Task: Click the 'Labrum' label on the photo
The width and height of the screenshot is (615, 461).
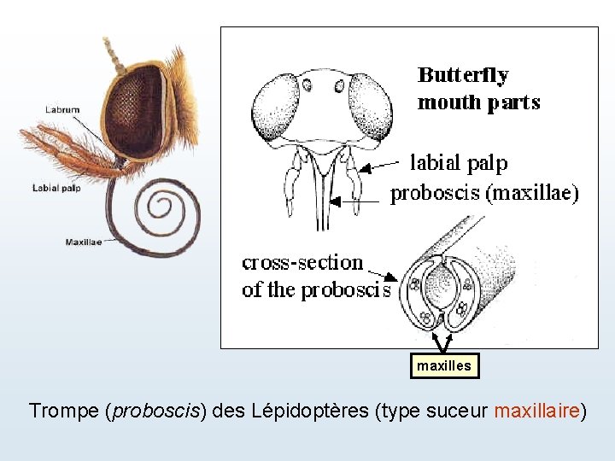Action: tap(62, 109)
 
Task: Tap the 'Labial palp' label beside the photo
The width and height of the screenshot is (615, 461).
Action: tap(56, 188)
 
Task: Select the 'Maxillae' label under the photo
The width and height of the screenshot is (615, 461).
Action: tap(83, 242)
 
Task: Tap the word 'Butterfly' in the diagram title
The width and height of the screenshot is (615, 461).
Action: tap(463, 75)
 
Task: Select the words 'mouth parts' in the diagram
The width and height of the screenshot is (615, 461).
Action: tap(478, 102)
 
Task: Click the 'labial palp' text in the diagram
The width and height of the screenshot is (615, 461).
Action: tap(459, 162)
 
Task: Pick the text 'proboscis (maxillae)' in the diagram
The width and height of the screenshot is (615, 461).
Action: tap(484, 194)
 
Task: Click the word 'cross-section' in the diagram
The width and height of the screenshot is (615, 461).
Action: tap(302, 262)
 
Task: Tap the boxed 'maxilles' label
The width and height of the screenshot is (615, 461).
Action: tap(443, 365)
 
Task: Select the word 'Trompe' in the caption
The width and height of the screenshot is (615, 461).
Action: tap(64, 411)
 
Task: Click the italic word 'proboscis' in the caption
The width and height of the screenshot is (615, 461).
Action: tap(155, 411)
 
